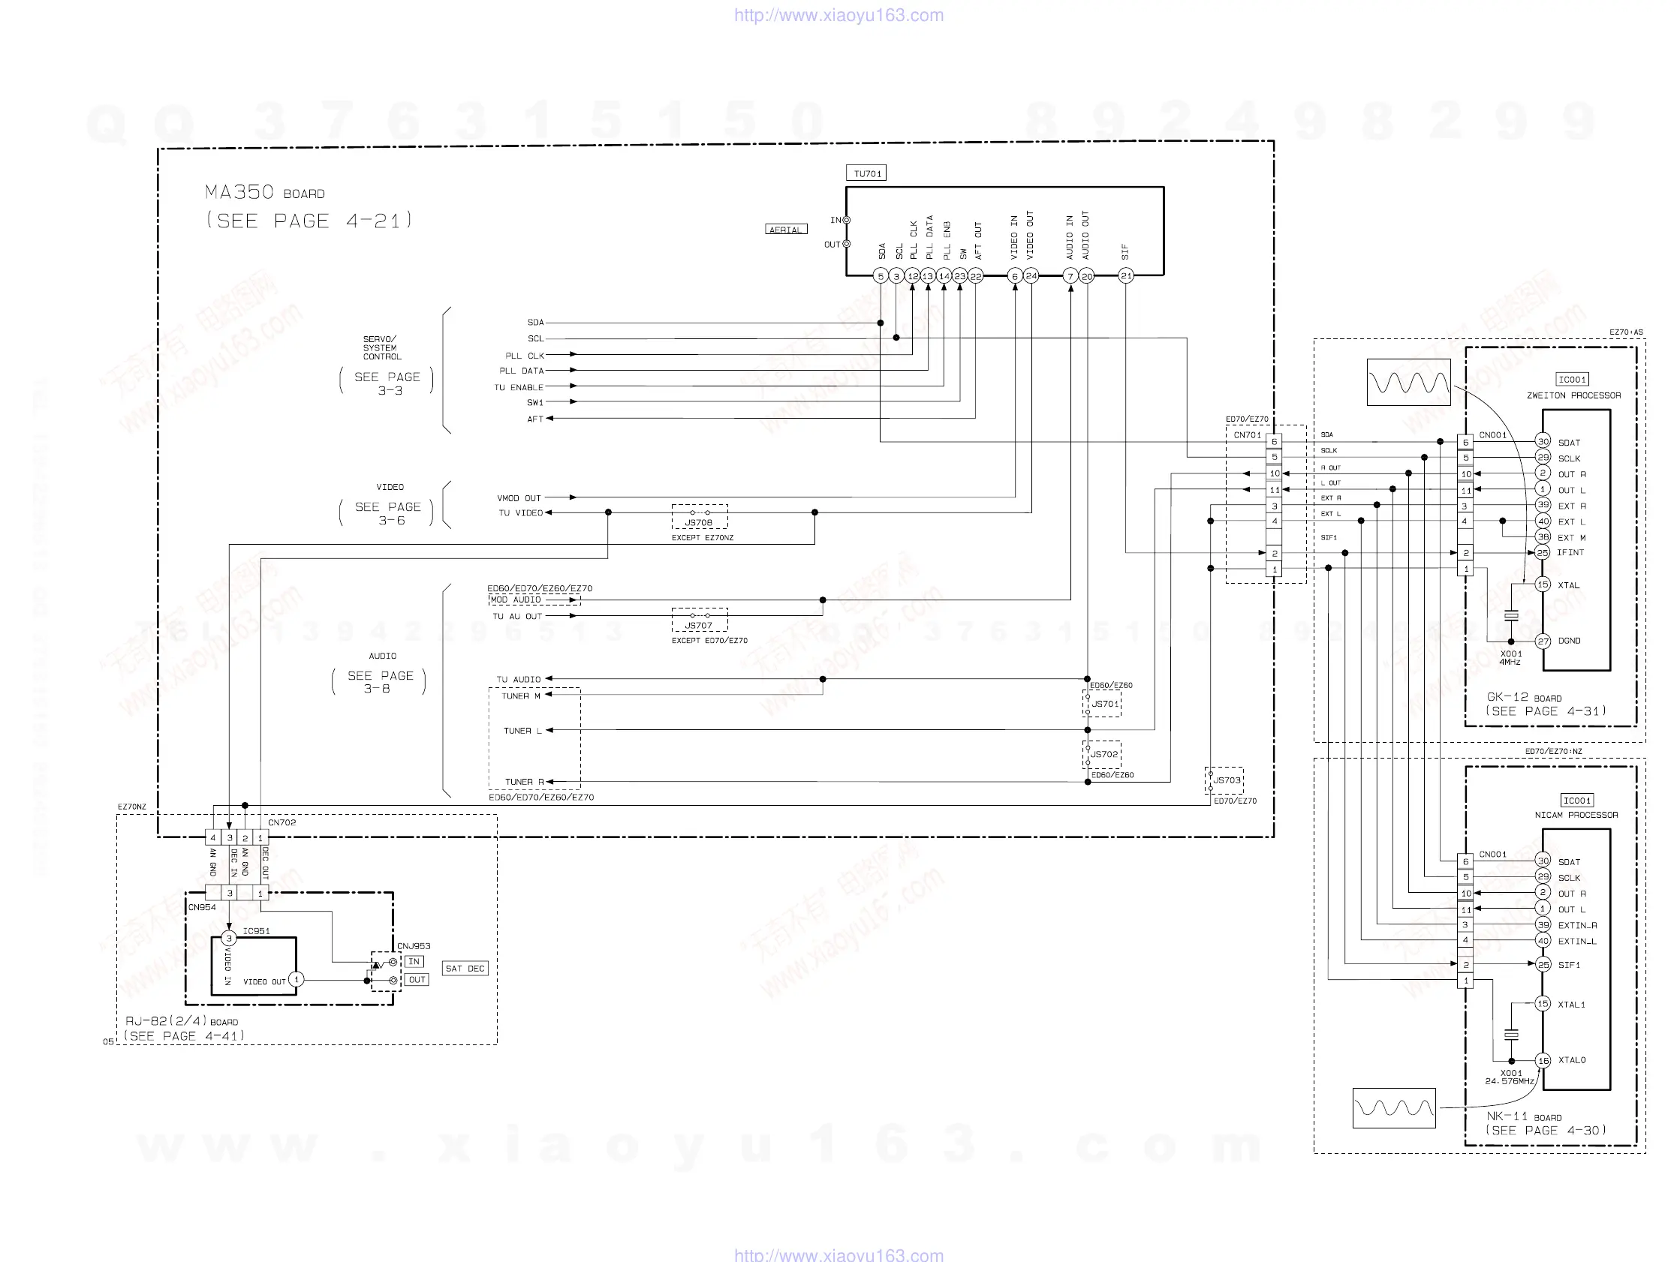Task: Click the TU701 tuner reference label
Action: click(866, 174)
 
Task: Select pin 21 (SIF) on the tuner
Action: click(1126, 276)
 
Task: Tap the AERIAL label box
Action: click(785, 230)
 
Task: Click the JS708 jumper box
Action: click(700, 517)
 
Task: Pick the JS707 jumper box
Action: click(700, 620)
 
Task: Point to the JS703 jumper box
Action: click(1224, 780)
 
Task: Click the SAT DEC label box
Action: click(465, 969)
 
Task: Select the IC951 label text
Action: click(257, 931)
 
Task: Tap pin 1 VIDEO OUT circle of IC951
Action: click(297, 980)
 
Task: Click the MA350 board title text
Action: click(265, 193)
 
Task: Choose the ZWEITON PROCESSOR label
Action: click(1573, 395)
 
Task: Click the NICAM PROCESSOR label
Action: click(1576, 815)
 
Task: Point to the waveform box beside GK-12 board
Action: click(1408, 382)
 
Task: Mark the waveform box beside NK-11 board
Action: click(1394, 1108)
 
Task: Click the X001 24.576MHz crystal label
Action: click(1510, 1077)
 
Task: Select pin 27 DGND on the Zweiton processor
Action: click(1543, 641)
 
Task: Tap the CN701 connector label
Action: click(1247, 435)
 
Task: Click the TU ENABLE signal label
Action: click(519, 387)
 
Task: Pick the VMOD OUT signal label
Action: click(519, 498)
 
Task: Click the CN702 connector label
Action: click(282, 822)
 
